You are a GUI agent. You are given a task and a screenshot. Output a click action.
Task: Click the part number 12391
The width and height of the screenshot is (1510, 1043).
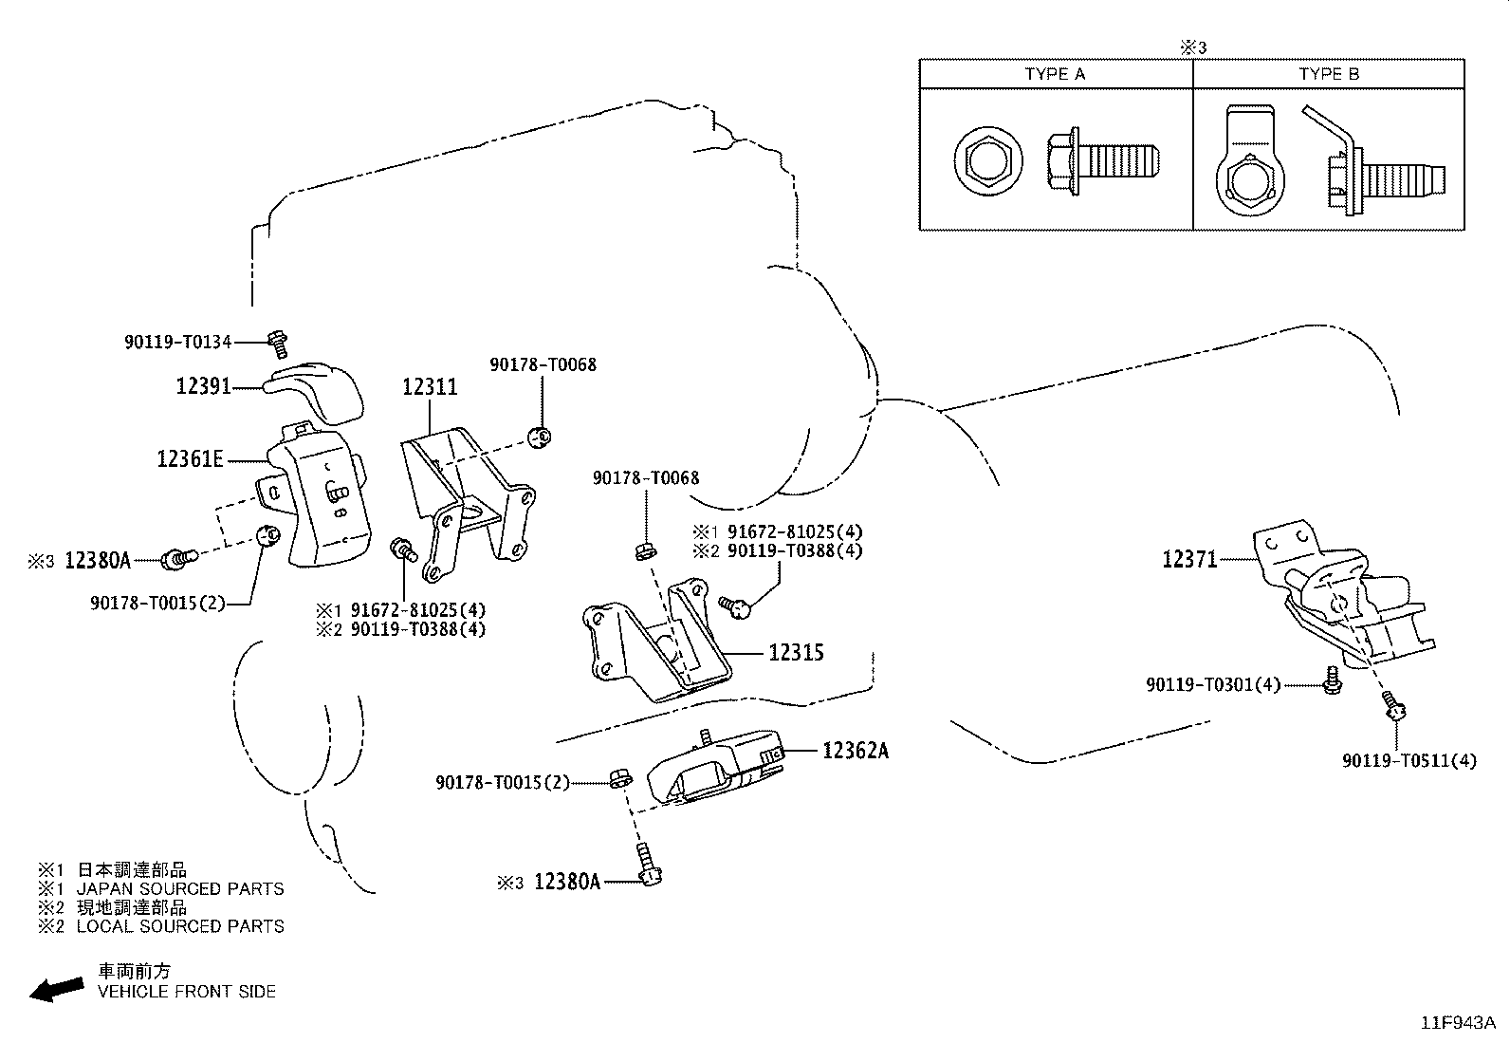[203, 386]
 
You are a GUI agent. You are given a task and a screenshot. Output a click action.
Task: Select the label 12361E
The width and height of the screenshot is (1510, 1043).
[190, 459]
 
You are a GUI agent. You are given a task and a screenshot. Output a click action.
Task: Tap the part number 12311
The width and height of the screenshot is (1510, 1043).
[430, 387]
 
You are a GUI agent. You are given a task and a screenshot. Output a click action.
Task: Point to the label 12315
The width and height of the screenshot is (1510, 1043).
[796, 653]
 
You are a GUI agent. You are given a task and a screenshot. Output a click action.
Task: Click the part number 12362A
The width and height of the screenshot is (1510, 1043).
[856, 751]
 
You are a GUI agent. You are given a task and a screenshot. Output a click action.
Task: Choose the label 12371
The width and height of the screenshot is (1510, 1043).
[1189, 559]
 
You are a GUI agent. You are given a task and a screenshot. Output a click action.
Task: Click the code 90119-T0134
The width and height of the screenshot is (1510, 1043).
[178, 342]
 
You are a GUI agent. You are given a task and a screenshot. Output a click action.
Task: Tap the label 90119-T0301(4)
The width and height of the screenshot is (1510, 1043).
[1213, 685]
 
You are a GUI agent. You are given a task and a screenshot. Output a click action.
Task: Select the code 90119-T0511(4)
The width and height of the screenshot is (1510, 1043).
[1409, 761]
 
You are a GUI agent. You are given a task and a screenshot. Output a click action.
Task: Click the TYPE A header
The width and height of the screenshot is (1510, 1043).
[1055, 74]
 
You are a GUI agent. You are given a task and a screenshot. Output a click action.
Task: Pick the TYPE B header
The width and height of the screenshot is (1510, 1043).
[1329, 74]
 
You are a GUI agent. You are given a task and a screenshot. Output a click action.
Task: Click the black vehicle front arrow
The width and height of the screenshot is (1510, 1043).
[57, 990]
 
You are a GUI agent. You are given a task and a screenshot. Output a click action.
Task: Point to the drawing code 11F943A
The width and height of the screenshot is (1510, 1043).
[1458, 1023]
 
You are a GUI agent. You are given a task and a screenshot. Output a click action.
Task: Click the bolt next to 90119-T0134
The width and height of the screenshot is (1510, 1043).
[278, 345]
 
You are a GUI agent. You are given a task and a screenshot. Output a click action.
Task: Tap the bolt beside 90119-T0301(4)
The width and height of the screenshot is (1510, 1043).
[1332, 680]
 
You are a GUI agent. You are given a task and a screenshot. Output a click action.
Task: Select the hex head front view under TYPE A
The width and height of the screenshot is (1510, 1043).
[987, 162]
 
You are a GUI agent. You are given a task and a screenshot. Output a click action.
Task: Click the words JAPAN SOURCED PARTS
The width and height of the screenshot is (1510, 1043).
[180, 889]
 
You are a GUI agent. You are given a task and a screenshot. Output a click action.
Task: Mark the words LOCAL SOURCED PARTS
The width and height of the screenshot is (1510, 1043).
[180, 926]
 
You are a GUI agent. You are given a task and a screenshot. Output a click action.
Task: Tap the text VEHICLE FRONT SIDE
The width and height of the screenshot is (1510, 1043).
[187, 992]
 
